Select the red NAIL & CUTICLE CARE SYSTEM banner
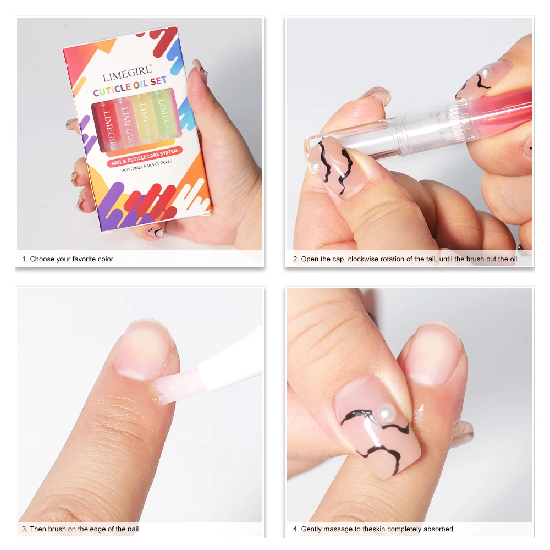pyautogui.click(x=145, y=153)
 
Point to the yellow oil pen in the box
pyautogui.click(x=142, y=118)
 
